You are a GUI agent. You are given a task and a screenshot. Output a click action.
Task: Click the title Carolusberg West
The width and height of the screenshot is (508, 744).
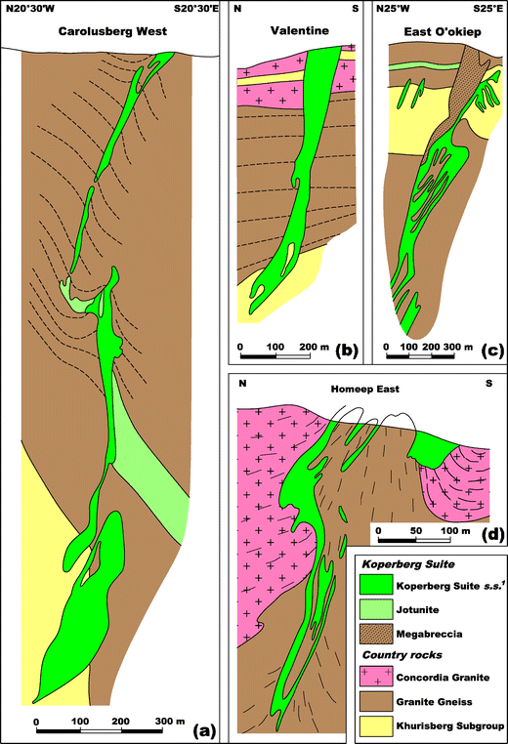coord(112,31)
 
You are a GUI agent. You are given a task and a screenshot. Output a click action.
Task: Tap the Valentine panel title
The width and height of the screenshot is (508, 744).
coord(300,31)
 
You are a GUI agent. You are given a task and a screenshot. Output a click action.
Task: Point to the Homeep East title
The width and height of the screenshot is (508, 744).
coord(364,389)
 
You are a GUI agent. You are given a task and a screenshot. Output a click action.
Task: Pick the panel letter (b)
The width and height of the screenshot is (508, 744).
coord(346,351)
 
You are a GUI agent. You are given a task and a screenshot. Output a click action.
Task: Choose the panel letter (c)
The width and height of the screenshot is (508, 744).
coord(491,351)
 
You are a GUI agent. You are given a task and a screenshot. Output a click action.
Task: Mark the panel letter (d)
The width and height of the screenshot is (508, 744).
coord(491,534)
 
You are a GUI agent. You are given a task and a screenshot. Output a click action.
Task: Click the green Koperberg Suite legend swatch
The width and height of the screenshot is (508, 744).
coord(376,584)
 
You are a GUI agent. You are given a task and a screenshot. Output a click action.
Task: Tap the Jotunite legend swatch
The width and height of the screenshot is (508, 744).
coord(376,608)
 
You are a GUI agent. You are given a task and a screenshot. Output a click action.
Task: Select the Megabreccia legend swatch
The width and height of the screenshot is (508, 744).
coord(376,634)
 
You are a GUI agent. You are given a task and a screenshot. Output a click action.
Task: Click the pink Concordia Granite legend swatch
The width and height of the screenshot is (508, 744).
coord(376,677)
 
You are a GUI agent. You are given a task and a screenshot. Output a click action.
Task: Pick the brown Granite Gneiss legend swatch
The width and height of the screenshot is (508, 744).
coord(376,701)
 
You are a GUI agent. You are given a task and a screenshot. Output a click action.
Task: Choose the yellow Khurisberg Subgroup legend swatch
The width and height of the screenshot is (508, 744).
coord(376,725)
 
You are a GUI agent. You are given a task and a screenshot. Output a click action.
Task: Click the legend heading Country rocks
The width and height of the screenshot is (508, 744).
coord(402,655)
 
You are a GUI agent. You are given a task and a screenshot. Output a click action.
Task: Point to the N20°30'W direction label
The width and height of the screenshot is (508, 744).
coord(30,9)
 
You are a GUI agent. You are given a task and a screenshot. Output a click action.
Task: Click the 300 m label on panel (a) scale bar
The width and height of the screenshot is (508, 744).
coord(169,722)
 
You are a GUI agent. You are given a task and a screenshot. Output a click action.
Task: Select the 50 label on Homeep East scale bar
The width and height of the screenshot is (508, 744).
coord(415,530)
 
